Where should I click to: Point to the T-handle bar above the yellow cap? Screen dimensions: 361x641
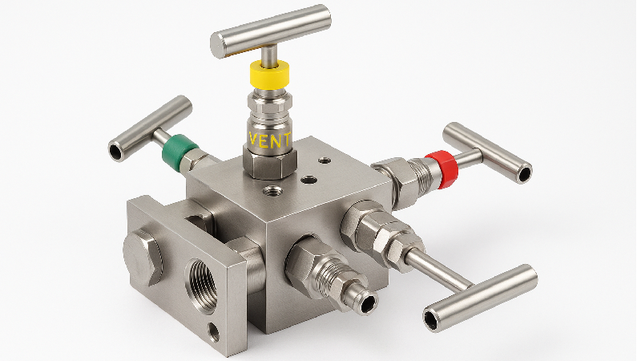270,30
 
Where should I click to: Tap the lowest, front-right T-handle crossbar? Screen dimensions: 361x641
479,297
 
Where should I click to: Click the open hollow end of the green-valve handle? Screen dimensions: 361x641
118,150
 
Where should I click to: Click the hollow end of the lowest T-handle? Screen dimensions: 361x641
433,320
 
